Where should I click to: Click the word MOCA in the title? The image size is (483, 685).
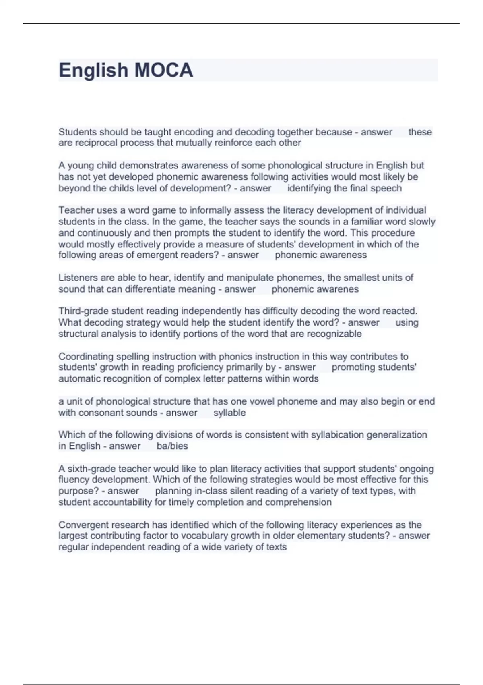click(x=163, y=70)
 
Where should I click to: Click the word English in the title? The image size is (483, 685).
click(x=93, y=70)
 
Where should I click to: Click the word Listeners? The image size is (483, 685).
click(x=78, y=278)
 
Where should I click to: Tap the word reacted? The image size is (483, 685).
click(x=400, y=311)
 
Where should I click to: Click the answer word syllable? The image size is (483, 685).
click(x=229, y=413)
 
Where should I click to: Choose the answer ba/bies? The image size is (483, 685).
click(x=172, y=446)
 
